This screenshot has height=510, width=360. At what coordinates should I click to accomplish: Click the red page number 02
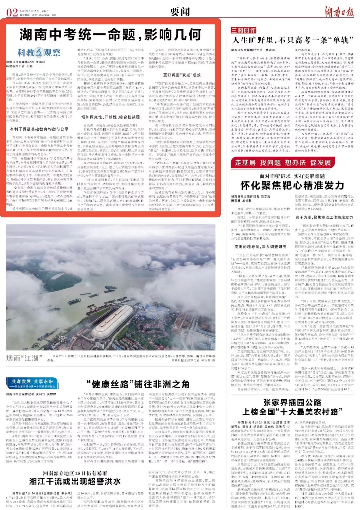tap(12, 12)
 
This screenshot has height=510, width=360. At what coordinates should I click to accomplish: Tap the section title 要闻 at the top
tap(180, 12)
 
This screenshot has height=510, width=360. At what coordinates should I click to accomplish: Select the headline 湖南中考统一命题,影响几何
tap(110, 34)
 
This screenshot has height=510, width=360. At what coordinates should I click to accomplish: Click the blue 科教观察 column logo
tap(39, 52)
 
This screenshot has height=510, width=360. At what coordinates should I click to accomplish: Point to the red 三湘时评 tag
tap(244, 30)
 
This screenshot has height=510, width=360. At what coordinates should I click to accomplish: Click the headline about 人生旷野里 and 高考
tap(292, 40)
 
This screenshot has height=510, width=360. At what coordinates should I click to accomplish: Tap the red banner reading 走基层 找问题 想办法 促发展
tap(283, 162)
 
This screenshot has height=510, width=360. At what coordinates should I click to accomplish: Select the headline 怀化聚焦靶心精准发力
tap(292, 185)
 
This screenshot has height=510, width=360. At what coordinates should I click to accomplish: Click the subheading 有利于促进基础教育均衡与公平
tap(39, 129)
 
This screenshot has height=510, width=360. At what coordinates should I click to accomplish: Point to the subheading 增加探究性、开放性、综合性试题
tap(110, 117)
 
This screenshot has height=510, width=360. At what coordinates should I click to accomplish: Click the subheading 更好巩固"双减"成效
tap(182, 75)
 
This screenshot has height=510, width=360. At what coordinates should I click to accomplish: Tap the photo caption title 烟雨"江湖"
tap(24, 358)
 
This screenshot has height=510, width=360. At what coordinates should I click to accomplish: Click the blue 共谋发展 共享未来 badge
tap(32, 383)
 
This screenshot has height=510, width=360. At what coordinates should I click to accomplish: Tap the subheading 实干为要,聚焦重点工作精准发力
tap(324, 217)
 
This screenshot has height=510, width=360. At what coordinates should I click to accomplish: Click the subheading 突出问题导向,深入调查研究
tap(260, 247)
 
